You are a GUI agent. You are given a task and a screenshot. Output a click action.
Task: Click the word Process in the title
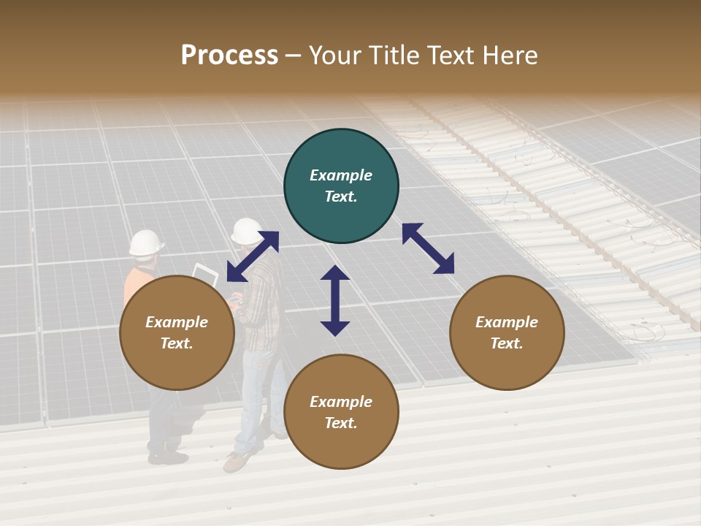229,56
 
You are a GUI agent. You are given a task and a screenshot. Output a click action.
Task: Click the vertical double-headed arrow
335,300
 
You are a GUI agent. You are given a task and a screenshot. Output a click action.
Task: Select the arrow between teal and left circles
253,256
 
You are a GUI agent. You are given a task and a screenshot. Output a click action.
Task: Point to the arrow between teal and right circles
429,248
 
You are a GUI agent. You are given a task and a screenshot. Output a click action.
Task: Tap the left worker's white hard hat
146,243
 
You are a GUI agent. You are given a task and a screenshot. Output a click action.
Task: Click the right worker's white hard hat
247,231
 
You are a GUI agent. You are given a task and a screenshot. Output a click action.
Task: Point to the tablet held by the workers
205,274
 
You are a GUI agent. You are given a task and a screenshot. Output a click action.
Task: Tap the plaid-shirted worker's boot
237,460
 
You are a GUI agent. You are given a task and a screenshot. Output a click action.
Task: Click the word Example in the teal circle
341,175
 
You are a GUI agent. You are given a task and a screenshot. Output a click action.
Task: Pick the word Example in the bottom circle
341,402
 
